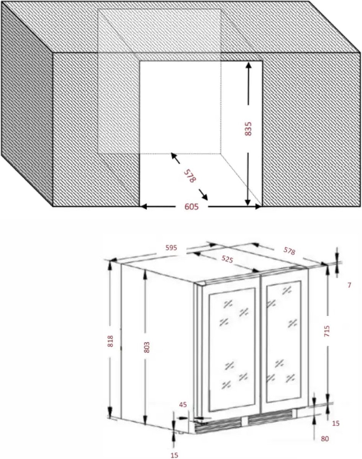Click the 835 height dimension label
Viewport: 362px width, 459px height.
[248, 129]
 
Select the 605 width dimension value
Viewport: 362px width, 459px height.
[192, 207]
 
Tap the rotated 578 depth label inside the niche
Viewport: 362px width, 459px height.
[190, 176]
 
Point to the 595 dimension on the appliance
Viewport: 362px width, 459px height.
[171, 248]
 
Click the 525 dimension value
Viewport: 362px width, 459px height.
[227, 259]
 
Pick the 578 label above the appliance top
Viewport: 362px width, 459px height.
[289, 251]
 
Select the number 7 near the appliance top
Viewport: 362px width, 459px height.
[349, 285]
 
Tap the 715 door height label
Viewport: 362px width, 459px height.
[327, 331]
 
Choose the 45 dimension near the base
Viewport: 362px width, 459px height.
[183, 404]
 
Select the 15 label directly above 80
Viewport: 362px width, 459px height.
[336, 423]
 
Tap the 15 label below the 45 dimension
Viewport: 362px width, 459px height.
[174, 454]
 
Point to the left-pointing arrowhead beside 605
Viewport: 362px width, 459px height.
[143, 207]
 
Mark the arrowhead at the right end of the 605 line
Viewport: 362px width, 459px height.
[258, 207]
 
